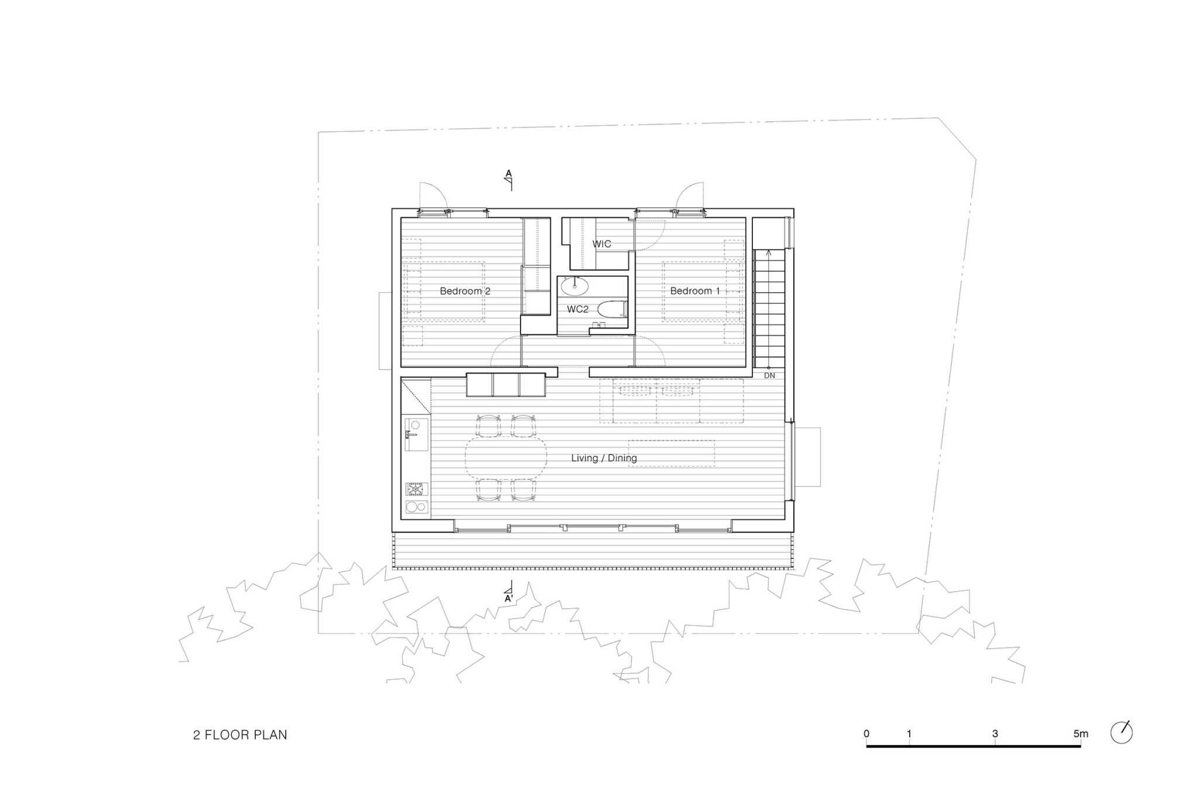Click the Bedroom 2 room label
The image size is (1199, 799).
point(465,291)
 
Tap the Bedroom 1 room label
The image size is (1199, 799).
point(695,291)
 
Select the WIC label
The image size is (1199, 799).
point(602,244)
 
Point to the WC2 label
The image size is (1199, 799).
point(577,309)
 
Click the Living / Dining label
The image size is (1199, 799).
point(604,458)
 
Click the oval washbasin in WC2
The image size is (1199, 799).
point(575,286)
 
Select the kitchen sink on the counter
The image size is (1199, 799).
point(415,434)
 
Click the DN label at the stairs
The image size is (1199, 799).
point(769,376)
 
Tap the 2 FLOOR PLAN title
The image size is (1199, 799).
point(240,735)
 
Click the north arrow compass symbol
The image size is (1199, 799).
point(1122,732)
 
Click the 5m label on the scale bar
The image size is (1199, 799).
point(1081,733)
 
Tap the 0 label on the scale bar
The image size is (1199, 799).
point(866,733)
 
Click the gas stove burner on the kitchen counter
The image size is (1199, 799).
point(416,489)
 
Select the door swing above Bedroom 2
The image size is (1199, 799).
point(433,196)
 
